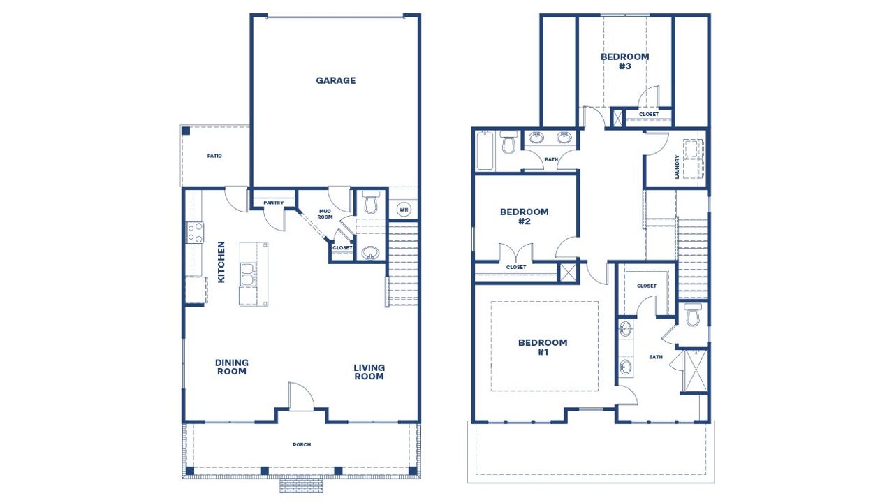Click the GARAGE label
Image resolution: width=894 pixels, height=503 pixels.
coord(335,80)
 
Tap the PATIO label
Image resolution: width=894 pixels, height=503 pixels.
coord(214,156)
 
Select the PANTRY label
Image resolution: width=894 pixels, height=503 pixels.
coord(273,203)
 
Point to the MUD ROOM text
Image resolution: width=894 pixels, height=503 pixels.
coord(325,214)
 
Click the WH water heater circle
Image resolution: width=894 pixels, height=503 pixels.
coord(403,209)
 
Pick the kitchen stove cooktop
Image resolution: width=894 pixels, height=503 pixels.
coord(194,232)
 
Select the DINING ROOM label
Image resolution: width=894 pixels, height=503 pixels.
coord(231,367)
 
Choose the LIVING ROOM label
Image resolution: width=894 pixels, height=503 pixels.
coord(369,372)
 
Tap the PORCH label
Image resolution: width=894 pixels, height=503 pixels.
coord(302,445)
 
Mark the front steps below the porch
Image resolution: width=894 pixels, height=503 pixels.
coord(301,485)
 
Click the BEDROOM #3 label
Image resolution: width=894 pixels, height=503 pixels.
coord(624,61)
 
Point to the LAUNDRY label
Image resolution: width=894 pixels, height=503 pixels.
coord(677,167)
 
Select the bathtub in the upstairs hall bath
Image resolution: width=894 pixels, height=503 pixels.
coord(485,151)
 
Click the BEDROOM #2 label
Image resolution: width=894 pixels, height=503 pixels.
coord(525,217)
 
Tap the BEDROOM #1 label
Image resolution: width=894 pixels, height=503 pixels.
coord(543,347)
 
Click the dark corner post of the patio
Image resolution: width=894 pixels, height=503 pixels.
coord(186,130)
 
